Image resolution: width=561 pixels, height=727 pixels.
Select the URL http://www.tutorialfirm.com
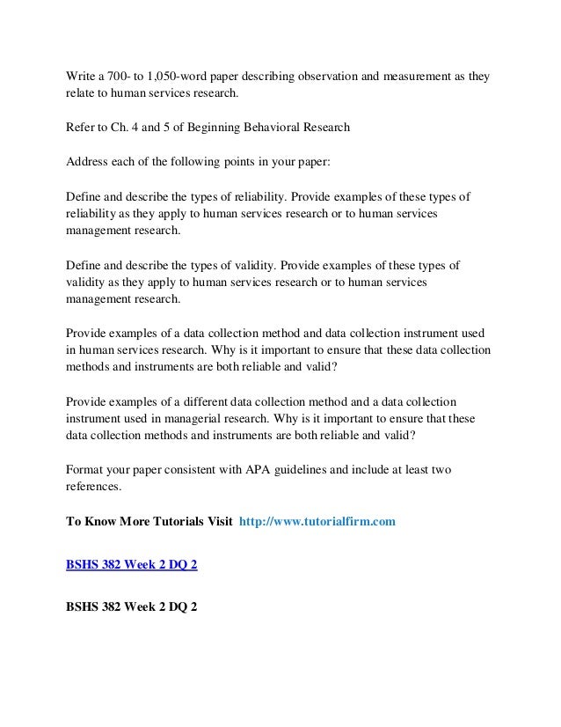coord(317,521)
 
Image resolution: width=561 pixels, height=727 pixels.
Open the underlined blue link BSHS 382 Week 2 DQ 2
coord(132,564)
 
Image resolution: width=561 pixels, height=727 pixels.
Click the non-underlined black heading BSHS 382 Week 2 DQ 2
coord(132,606)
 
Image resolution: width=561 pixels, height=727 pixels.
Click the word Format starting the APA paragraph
coord(85,470)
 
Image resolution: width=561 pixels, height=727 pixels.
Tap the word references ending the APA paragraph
coord(94,487)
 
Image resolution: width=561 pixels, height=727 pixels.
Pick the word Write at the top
coord(82,77)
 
